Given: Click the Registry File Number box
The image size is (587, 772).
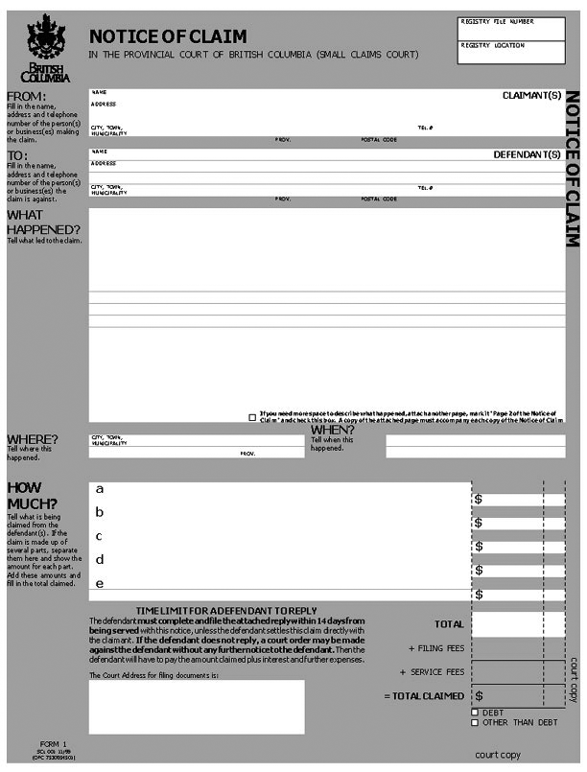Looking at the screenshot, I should click(x=511, y=28).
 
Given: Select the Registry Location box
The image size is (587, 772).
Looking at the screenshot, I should click(x=511, y=54).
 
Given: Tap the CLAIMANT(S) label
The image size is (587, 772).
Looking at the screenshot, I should click(x=531, y=96).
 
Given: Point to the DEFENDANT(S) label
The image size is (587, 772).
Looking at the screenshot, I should click(x=527, y=154).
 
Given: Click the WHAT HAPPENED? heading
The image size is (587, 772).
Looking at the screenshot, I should click(x=43, y=222).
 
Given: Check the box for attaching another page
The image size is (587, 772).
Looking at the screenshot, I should click(x=252, y=417).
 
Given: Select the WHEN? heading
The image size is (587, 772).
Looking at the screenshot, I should click(x=332, y=430).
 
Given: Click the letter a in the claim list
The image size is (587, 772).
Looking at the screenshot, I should click(x=99, y=489).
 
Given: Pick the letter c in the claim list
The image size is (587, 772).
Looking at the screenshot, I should click(x=99, y=536).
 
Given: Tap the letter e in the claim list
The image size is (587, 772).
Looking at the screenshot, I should click(x=99, y=583).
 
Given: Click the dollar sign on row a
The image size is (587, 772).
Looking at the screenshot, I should click(x=479, y=500).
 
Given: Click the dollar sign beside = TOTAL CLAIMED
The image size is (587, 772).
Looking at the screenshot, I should click(x=479, y=695).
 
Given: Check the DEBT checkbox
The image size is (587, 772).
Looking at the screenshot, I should click(x=475, y=713).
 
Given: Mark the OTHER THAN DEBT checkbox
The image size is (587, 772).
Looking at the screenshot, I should click(x=475, y=722).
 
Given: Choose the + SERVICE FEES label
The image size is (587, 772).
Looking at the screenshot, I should click(x=433, y=672).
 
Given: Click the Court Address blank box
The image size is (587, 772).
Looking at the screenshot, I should click(x=197, y=707).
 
